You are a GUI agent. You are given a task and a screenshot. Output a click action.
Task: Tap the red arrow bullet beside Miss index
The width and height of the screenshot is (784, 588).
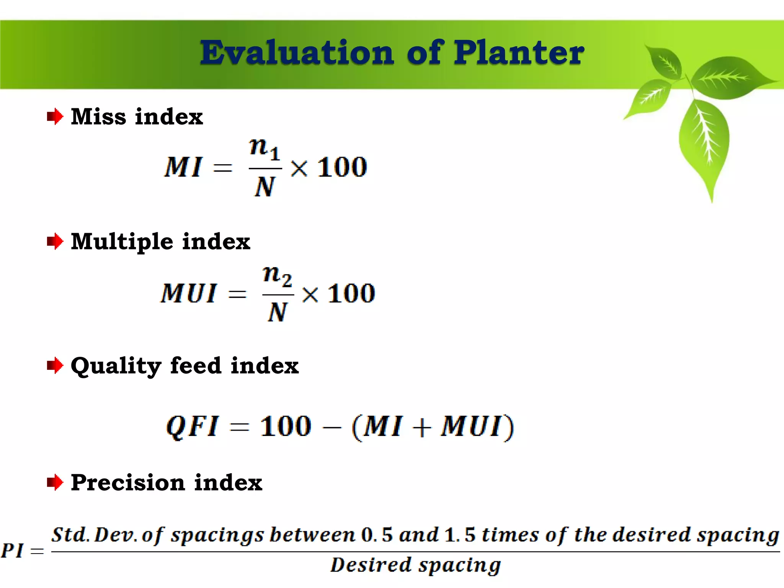click(x=55, y=116)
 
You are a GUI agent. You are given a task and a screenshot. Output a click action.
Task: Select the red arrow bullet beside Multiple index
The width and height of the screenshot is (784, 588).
click(x=55, y=242)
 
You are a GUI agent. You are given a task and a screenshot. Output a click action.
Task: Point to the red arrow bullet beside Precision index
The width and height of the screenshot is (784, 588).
click(x=55, y=482)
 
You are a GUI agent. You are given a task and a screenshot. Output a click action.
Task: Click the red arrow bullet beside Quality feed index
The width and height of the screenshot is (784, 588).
click(x=55, y=366)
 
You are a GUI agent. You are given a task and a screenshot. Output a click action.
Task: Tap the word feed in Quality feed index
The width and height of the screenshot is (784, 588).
click(x=196, y=366)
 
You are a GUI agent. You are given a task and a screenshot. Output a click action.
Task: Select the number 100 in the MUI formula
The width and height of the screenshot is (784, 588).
click(x=351, y=294)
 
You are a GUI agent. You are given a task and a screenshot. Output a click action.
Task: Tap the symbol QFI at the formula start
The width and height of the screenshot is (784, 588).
click(x=192, y=426)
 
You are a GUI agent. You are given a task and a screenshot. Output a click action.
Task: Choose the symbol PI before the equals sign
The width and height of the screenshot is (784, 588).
click(x=12, y=551)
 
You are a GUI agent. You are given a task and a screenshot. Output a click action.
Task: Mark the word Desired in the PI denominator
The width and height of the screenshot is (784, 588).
click(x=371, y=565)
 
